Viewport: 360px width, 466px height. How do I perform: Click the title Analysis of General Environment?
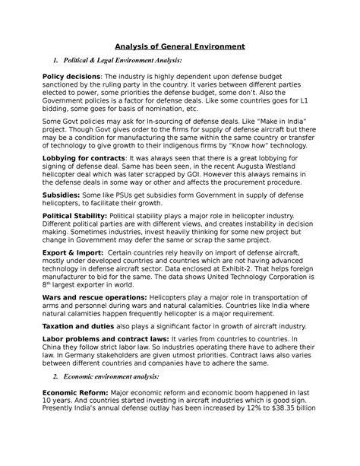click(180, 46)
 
